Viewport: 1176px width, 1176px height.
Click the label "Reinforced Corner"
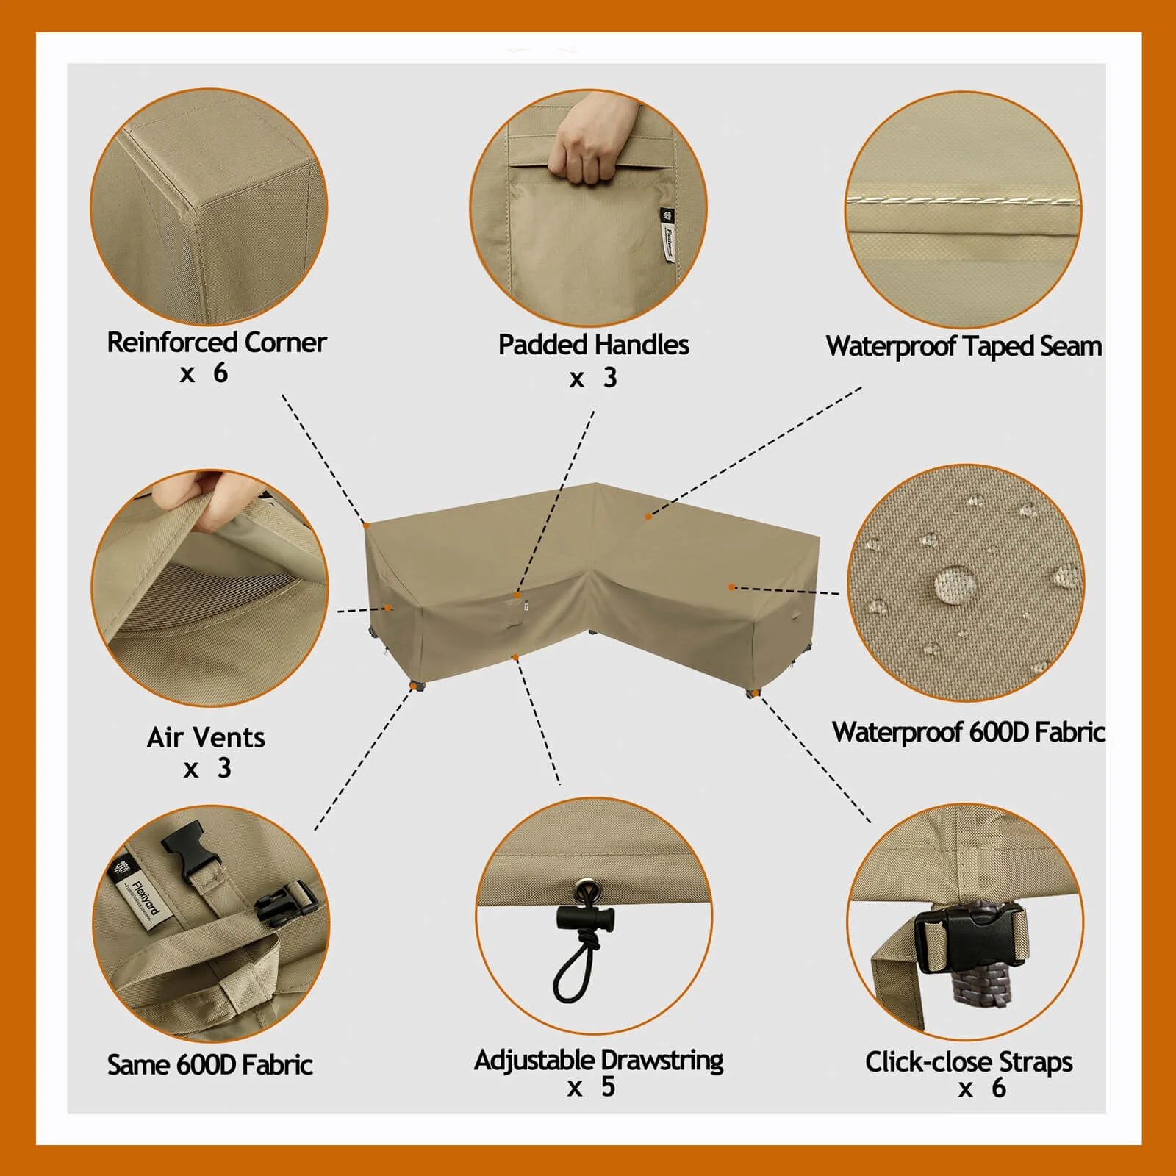coord(217,343)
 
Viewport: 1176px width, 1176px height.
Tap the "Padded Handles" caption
coord(594,345)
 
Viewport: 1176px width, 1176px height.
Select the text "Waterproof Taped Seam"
coord(964,346)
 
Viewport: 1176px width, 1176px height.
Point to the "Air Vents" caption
coord(206,737)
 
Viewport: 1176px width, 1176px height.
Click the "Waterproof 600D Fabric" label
coord(968,732)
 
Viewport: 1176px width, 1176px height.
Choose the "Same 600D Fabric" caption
coord(210,1064)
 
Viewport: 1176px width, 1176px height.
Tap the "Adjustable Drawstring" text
coord(598,1060)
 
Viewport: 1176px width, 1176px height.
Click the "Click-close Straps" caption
coord(969,1062)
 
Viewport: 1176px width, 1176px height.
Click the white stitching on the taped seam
coord(963,200)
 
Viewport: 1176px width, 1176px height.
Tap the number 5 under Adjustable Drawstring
coord(608,1086)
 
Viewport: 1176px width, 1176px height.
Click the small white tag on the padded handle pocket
coord(668,234)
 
